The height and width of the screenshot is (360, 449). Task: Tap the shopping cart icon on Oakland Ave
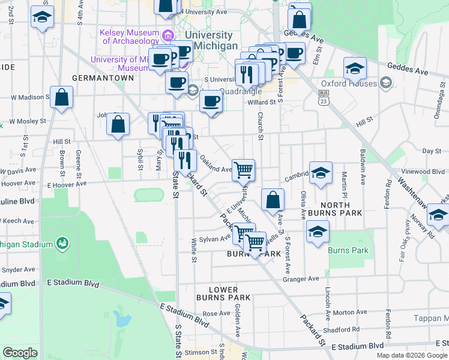point(243,170)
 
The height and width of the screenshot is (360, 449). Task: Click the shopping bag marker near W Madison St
point(61,97)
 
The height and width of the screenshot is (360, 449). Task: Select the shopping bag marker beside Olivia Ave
point(273,200)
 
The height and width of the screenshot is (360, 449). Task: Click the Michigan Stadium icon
point(62,243)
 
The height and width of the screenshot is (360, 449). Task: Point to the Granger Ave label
point(301,278)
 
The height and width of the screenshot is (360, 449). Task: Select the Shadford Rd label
point(341,329)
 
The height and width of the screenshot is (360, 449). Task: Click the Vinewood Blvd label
point(425,171)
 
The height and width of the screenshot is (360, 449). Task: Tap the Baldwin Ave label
point(363,163)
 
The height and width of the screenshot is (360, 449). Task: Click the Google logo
point(20,353)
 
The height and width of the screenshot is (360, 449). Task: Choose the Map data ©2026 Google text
point(411,355)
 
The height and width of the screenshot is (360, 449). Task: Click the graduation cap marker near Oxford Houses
point(355,68)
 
